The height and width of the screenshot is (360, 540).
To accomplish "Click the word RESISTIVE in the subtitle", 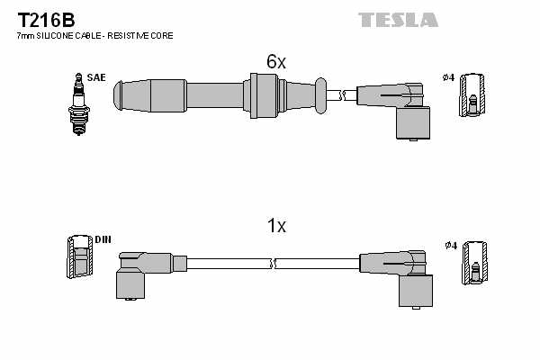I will pyautogui.click(x=131, y=35).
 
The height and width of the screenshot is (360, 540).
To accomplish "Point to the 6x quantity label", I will pyautogui.click(x=275, y=61).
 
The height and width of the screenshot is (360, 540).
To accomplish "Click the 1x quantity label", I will pyautogui.click(x=275, y=227).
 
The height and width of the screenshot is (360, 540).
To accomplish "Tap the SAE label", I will pyautogui.click(x=96, y=78).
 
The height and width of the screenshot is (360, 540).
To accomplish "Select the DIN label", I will pyautogui.click(x=103, y=239).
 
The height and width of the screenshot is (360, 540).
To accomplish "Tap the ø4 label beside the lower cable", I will pyautogui.click(x=449, y=245).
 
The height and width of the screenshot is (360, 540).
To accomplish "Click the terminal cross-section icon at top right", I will pyautogui.click(x=473, y=95).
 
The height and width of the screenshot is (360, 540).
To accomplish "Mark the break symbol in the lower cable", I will pyautogui.click(x=273, y=263).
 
